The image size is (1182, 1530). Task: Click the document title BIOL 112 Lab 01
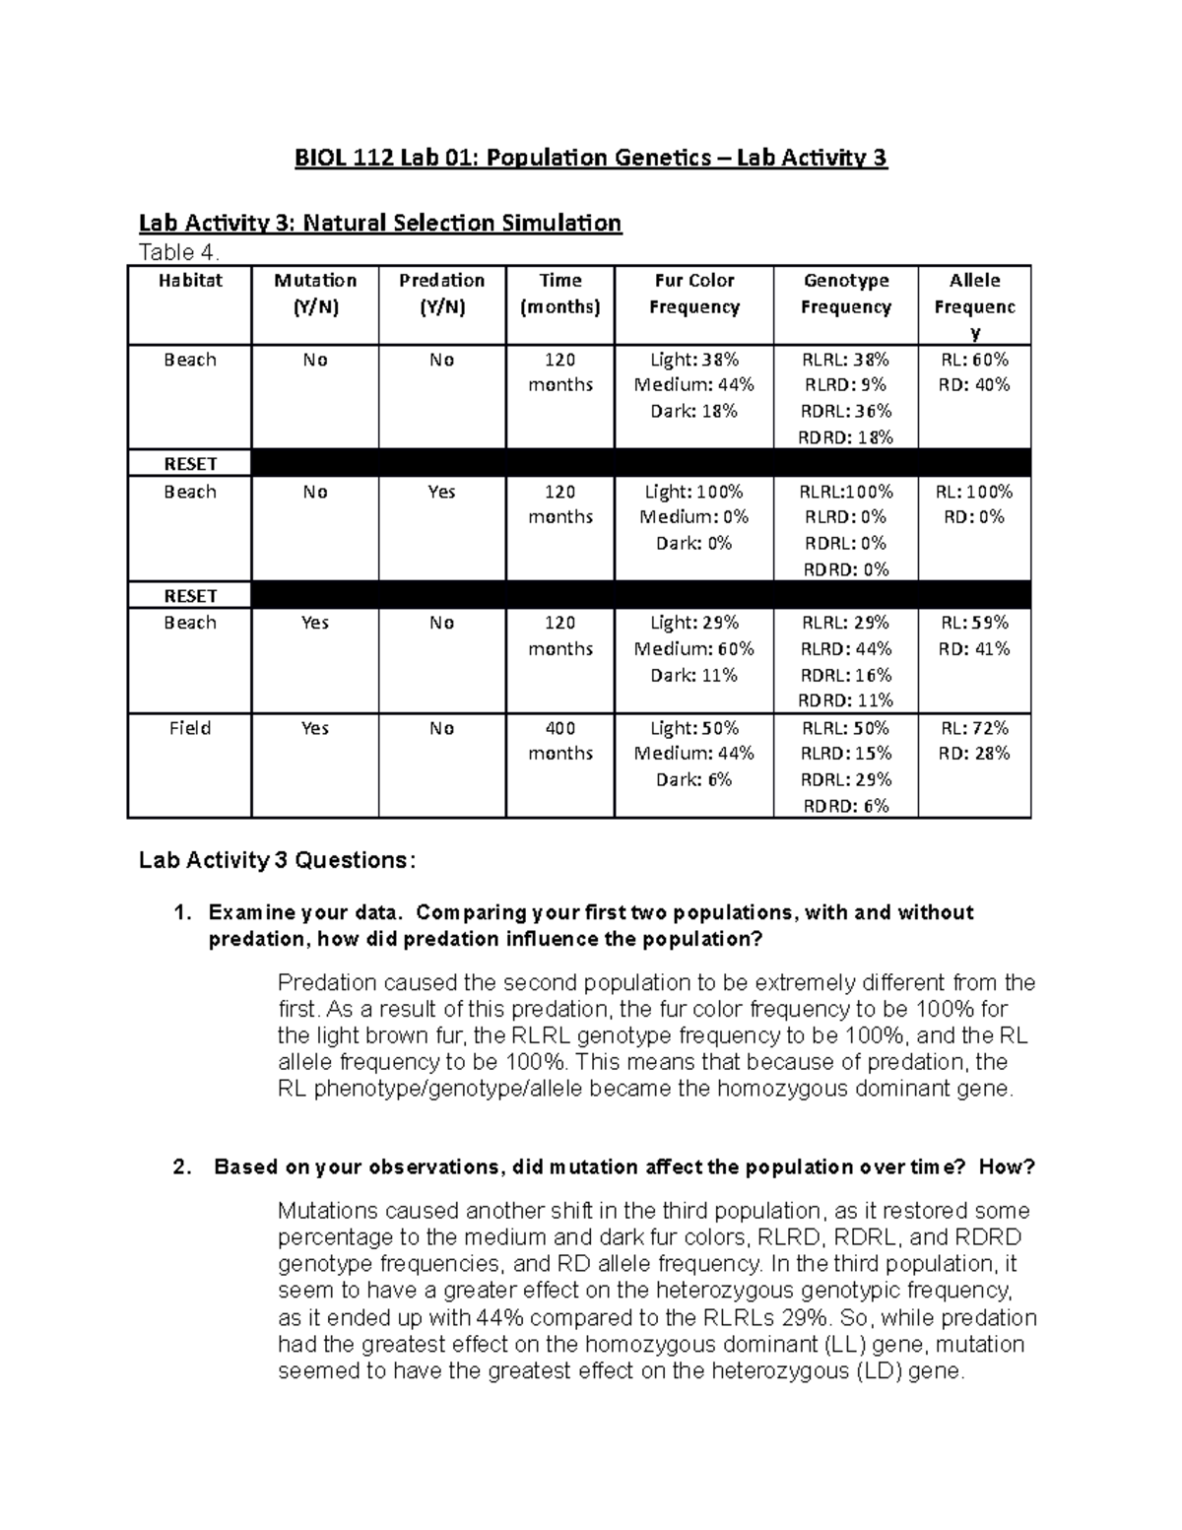click(591, 158)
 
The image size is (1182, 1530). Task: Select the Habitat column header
click(189, 281)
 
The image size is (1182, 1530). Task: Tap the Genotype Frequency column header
click(845, 294)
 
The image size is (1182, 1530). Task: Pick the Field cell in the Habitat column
click(189, 728)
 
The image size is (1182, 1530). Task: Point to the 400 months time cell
click(559, 741)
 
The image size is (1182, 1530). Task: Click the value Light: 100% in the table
click(693, 492)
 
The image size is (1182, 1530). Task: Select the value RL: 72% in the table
click(974, 728)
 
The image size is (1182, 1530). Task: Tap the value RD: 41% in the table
click(974, 648)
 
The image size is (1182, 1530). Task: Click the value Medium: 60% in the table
click(693, 648)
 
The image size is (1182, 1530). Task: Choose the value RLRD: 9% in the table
click(845, 385)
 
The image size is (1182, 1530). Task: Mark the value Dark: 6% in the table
click(693, 779)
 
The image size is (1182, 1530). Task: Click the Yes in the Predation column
click(441, 492)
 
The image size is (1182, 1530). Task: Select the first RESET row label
click(189, 464)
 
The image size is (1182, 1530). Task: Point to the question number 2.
click(181, 1167)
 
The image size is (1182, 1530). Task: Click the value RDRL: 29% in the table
click(845, 779)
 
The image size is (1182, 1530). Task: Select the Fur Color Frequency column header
click(693, 294)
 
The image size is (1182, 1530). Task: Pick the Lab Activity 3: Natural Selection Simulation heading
click(380, 223)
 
